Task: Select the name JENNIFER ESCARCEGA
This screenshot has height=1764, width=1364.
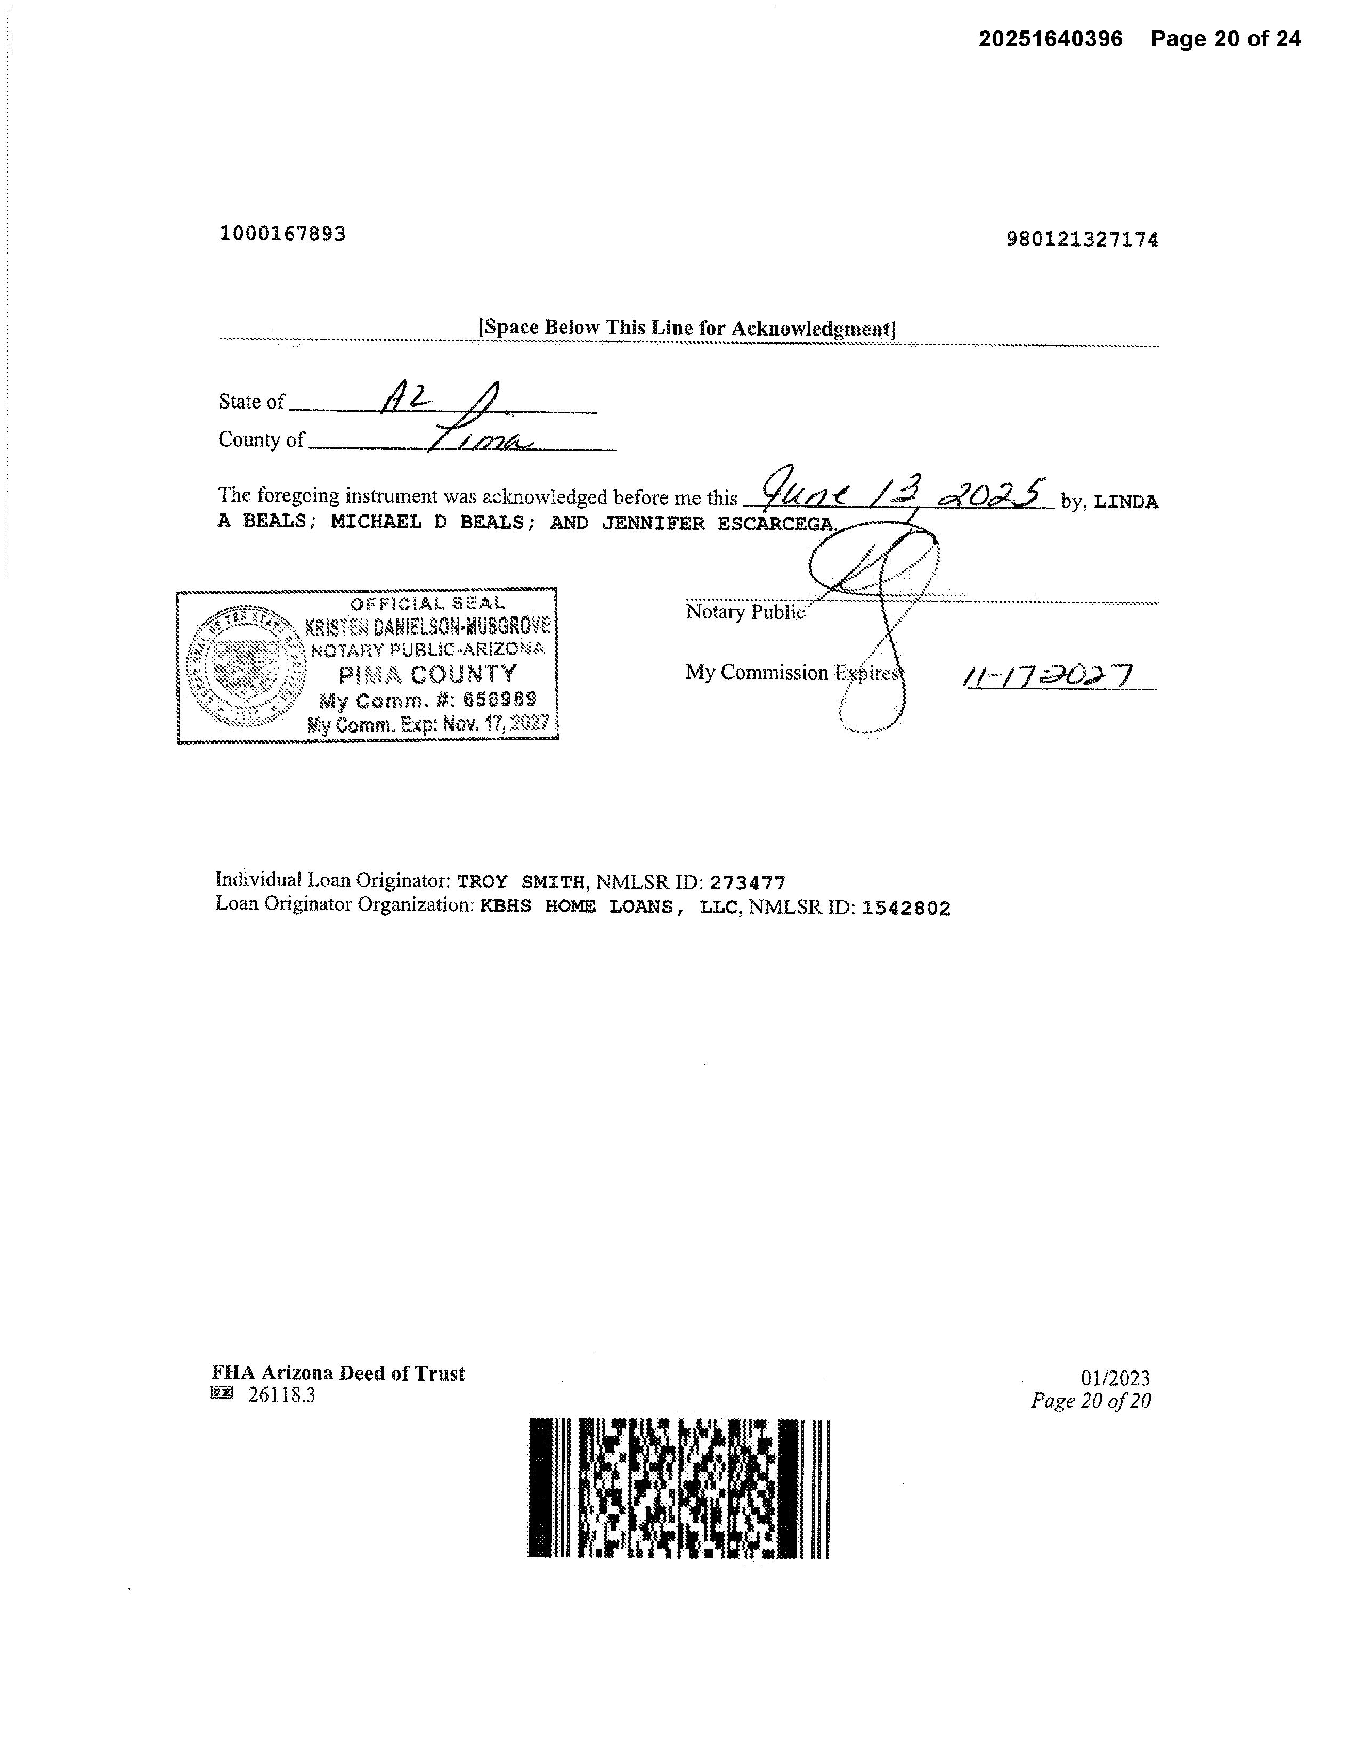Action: coord(718,524)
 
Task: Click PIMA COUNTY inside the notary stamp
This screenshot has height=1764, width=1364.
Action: coord(427,674)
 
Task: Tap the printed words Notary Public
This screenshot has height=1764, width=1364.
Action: coord(743,612)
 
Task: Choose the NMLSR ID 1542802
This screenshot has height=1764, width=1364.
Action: coord(905,909)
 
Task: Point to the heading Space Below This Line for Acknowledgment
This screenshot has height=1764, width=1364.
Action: coord(687,328)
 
